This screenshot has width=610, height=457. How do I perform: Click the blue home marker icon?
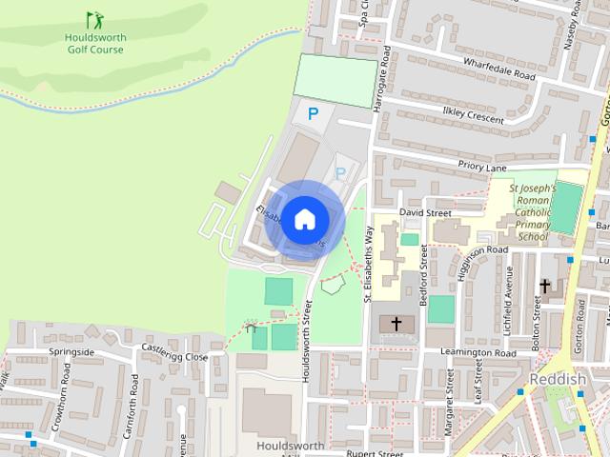tap(304, 219)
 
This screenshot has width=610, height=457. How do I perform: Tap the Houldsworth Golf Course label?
tap(94, 43)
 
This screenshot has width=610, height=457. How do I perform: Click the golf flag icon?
tap(94, 19)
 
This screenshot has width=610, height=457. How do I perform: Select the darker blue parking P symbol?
tap(313, 114)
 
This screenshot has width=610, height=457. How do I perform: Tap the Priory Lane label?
tap(482, 167)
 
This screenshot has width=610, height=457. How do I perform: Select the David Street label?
tap(425, 212)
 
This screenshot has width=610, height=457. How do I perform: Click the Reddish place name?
tap(557, 379)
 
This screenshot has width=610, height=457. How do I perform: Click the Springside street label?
tap(71, 351)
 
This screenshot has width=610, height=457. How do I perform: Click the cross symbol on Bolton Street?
tap(546, 286)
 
